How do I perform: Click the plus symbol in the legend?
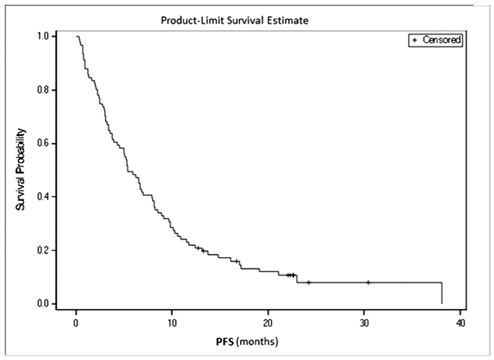[414, 40]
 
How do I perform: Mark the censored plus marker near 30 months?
[368, 282]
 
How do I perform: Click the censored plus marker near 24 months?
[308, 282]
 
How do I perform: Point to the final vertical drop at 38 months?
[442, 293]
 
